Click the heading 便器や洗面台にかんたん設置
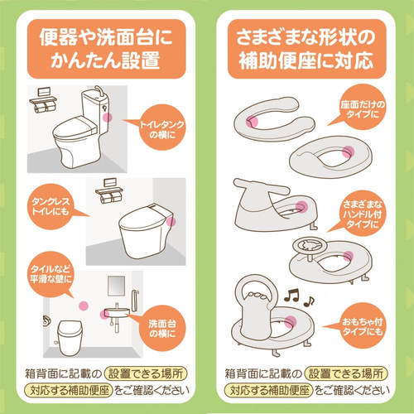tap(106, 49)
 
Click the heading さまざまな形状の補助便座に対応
tap(306, 49)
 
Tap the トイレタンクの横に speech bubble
tap(160, 128)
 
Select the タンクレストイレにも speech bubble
tap(51, 207)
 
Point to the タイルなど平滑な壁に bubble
tap(51, 274)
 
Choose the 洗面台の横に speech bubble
tap(161, 328)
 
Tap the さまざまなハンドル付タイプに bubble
tap(362, 213)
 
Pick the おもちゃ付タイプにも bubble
tap(361, 325)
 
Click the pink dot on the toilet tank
tap(108, 118)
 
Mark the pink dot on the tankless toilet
tap(171, 221)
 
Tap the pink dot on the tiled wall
tap(84, 306)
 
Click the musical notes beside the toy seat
tap(299, 297)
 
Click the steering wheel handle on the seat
tap(310, 245)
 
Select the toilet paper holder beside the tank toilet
tap(43, 100)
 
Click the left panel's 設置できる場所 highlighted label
tap(146, 373)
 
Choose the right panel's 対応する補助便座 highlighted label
tap(268, 390)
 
